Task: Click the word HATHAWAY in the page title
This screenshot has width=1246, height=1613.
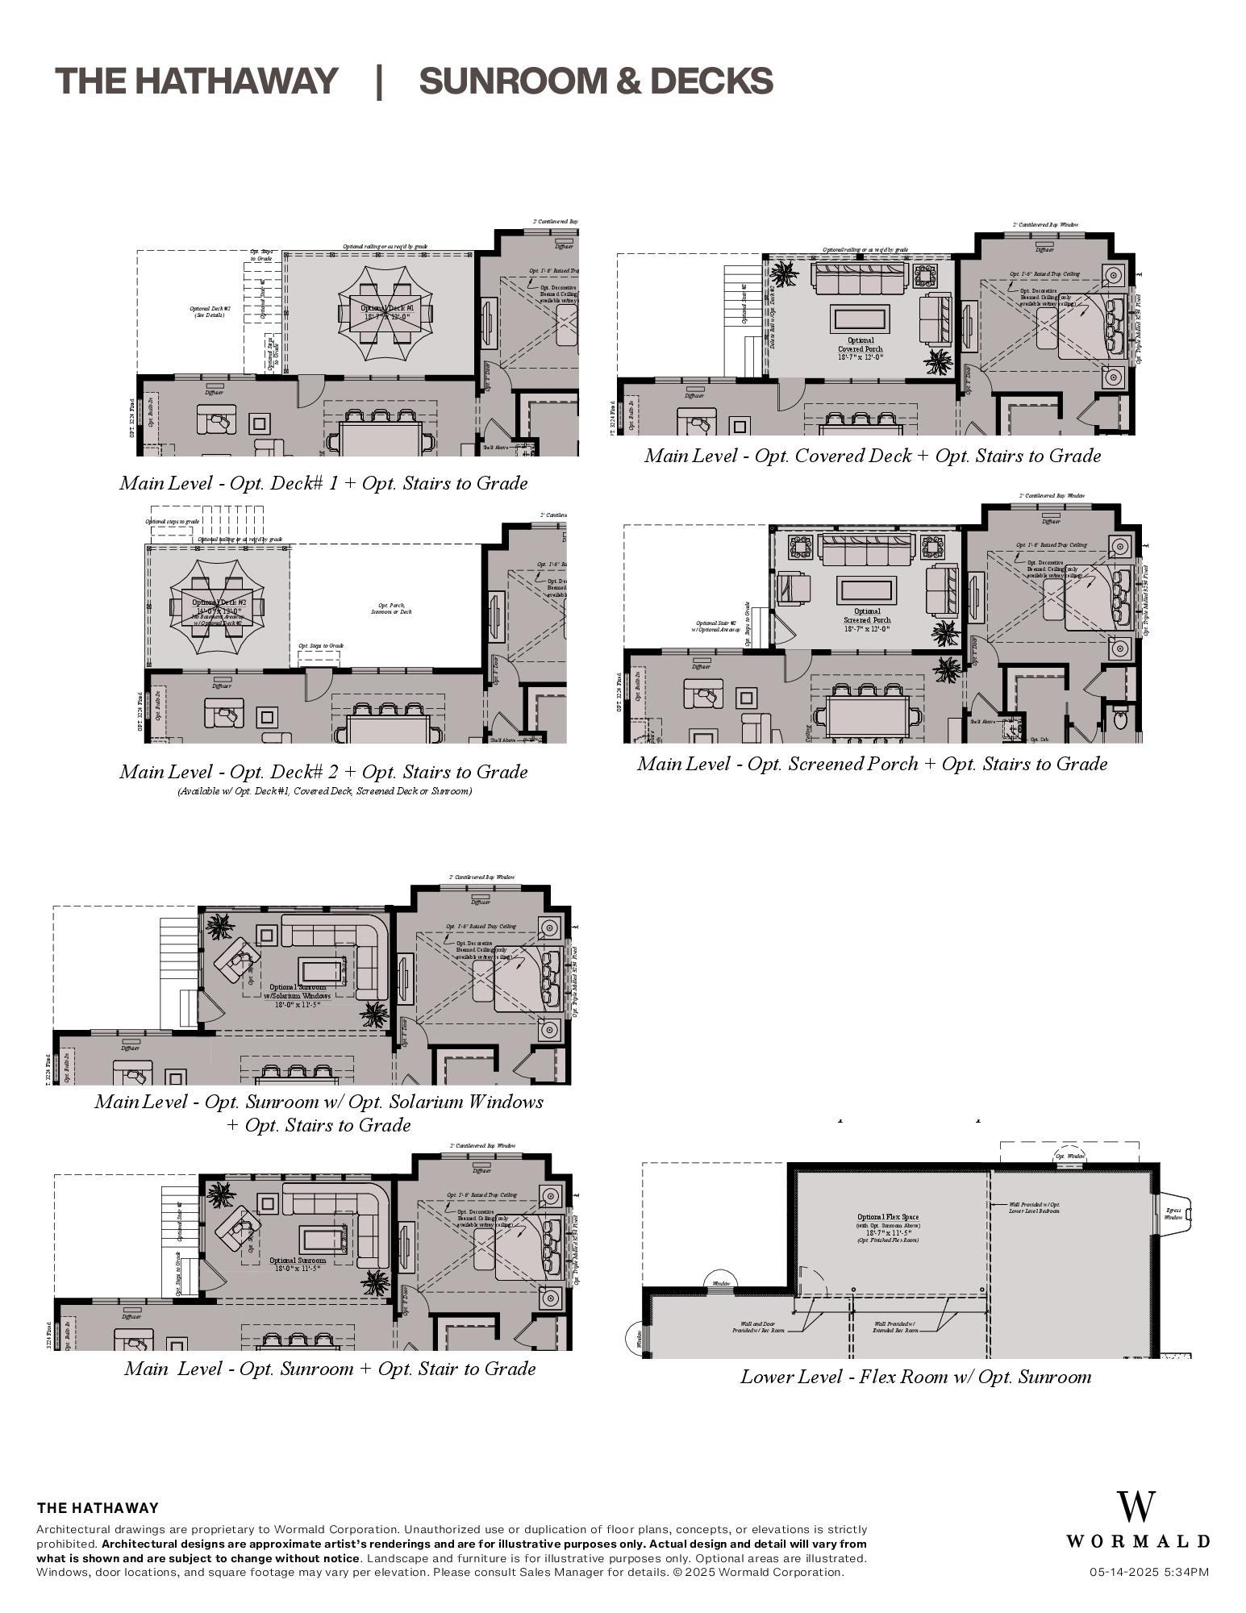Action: point(235,81)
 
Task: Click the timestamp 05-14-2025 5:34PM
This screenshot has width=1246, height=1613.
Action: point(1148,1572)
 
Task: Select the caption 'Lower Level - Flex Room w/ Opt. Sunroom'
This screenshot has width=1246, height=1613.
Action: point(915,1377)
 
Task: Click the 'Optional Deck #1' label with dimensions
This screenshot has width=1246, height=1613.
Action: point(387,312)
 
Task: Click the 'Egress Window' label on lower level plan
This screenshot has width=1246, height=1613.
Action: point(1173,1214)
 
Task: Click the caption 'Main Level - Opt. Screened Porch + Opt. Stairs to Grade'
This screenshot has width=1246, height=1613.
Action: point(872,764)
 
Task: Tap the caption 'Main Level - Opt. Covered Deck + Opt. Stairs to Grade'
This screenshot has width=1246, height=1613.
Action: point(872,456)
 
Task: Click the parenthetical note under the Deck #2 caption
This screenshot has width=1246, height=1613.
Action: point(324,791)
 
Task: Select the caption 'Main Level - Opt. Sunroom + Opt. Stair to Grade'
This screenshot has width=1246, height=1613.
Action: point(330,1369)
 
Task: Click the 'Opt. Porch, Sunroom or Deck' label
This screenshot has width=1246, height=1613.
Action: point(391,608)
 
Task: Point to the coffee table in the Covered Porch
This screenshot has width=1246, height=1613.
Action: point(861,318)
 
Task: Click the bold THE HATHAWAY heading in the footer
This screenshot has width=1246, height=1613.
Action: point(98,1508)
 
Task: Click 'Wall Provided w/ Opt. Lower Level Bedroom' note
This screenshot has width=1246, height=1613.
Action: point(1035,1207)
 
